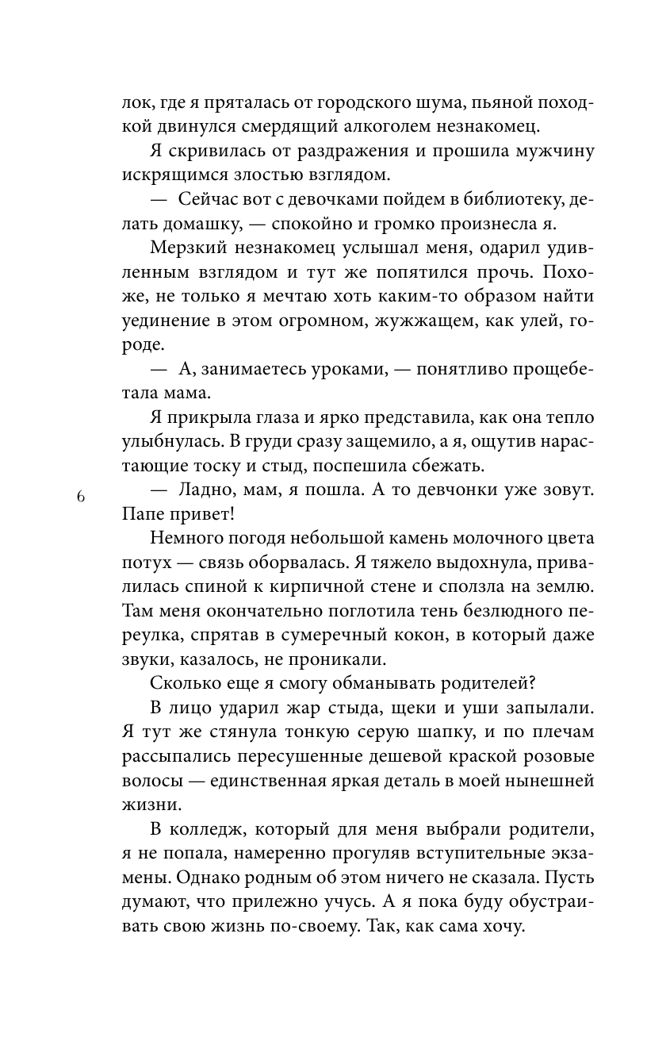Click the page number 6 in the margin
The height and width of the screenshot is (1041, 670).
coord(80,497)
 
